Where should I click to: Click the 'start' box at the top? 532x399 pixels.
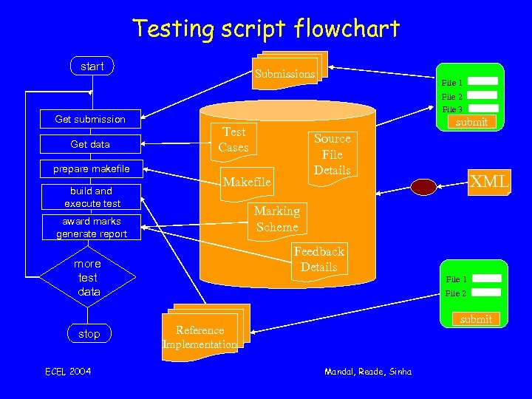click(x=92, y=66)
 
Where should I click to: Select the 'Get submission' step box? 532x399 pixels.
click(x=90, y=119)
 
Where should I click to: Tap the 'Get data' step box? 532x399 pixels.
click(x=90, y=144)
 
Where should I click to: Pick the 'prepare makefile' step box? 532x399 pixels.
click(x=90, y=169)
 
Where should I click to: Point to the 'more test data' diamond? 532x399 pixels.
click(x=88, y=278)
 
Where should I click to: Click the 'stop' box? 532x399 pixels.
click(x=89, y=334)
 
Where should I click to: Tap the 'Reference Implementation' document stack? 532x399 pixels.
click(x=201, y=336)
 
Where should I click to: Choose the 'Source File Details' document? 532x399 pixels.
click(x=332, y=154)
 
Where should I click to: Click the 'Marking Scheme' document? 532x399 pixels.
click(x=276, y=219)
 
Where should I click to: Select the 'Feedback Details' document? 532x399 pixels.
click(x=318, y=259)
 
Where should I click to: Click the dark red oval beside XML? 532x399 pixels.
click(x=424, y=187)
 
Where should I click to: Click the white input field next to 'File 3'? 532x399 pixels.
click(x=482, y=109)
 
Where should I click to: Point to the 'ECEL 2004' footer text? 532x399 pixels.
click(x=69, y=371)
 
